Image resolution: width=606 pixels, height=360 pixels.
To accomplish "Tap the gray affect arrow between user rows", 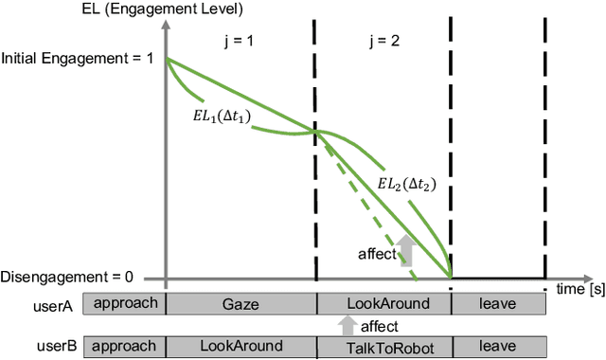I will [x=346, y=326].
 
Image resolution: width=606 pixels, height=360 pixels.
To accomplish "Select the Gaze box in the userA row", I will [x=241, y=303].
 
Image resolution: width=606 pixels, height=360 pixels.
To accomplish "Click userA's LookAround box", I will [x=383, y=303].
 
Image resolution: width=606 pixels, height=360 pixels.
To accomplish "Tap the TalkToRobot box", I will [x=383, y=347].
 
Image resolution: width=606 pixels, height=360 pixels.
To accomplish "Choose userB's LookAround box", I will [x=241, y=347].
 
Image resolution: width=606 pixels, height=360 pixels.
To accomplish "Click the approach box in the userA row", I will [x=124, y=303].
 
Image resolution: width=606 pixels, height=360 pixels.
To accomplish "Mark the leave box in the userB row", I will [x=498, y=347].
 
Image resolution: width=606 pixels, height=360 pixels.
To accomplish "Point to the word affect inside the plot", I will [x=376, y=254].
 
